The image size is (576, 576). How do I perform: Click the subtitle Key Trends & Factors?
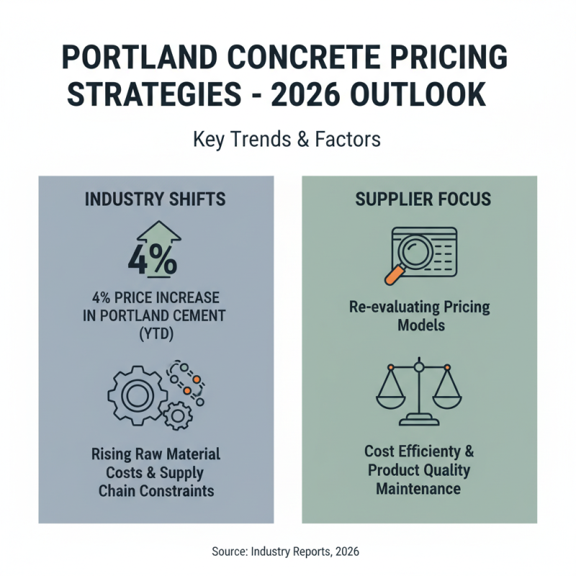287,139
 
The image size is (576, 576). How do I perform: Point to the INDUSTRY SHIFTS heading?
156,199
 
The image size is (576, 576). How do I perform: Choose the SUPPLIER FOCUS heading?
419,199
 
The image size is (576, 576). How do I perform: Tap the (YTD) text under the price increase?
156,333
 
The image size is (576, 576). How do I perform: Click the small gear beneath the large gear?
178,415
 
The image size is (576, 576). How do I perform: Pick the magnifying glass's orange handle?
394,274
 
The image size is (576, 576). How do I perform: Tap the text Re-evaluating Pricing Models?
418,316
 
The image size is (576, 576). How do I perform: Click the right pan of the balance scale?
448,392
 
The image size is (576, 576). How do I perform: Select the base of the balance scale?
419,419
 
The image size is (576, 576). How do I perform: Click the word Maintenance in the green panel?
418,489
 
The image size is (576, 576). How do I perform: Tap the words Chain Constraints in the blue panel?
156,491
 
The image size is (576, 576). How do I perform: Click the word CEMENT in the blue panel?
193,315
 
